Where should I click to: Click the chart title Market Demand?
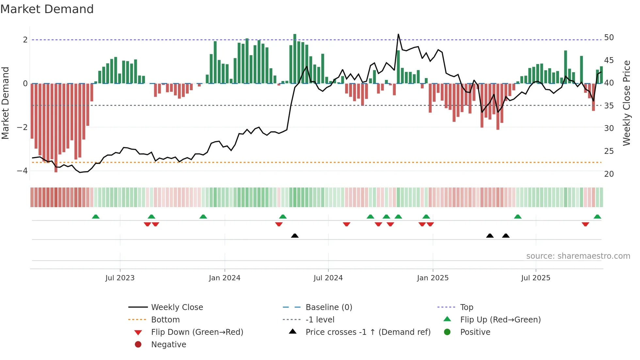click(47, 9)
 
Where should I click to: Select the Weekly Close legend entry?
click(177, 307)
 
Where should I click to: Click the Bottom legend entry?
click(165, 320)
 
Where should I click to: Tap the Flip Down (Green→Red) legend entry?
click(197, 332)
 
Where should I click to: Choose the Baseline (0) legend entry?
click(328, 307)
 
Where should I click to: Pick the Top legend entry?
click(466, 307)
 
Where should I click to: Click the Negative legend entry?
click(168, 345)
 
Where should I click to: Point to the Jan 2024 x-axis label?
click(225, 278)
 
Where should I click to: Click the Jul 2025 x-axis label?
click(536, 278)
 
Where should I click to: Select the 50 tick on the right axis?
click(609, 38)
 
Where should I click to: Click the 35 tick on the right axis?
click(609, 106)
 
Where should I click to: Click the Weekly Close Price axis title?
click(626, 103)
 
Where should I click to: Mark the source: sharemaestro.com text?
click(578, 256)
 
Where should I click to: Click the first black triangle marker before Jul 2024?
click(295, 236)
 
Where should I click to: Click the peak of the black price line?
click(398, 34)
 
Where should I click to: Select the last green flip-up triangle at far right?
click(597, 217)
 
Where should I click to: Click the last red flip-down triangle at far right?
click(585, 224)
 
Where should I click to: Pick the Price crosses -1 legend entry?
click(368, 332)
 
